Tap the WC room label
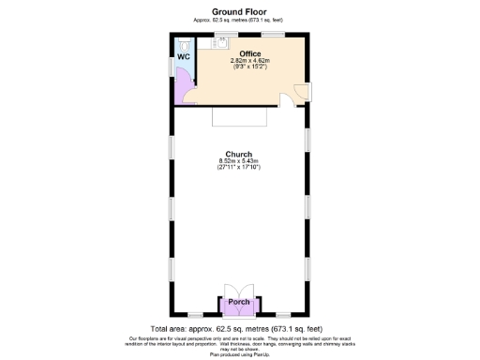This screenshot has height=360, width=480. (x=184, y=55)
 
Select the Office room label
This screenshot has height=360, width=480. (x=249, y=53)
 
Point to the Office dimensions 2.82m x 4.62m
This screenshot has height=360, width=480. (x=249, y=61)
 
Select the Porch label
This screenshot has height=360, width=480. (x=239, y=301)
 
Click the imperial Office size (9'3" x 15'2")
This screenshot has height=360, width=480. (x=249, y=67)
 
